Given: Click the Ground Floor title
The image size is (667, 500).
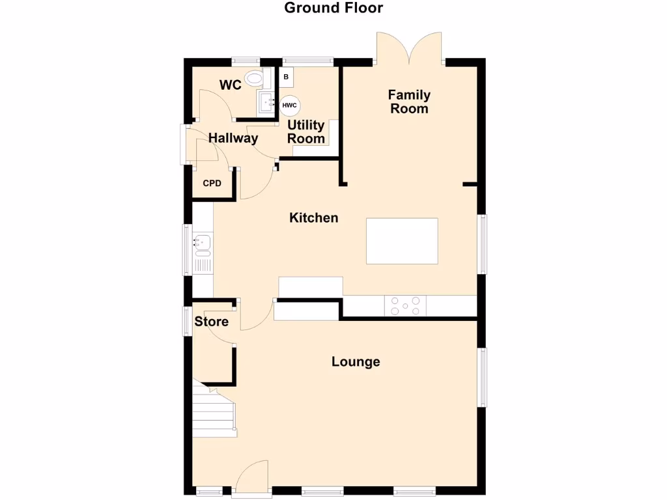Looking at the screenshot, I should click(x=333, y=8).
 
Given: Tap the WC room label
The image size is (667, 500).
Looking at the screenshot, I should click(x=230, y=85).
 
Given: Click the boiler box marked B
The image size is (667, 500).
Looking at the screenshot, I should click(x=285, y=77).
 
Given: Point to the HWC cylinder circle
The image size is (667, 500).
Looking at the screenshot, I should click(x=289, y=105).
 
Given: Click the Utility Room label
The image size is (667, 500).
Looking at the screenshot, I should click(x=306, y=132).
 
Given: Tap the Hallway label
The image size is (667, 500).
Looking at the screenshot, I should click(x=233, y=138).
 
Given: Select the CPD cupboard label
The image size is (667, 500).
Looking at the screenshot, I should click(x=212, y=184).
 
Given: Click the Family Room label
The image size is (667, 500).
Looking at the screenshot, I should click(x=409, y=102).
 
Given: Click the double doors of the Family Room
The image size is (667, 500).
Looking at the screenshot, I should click(x=409, y=49).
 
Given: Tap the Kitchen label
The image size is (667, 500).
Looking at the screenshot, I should click(x=313, y=218).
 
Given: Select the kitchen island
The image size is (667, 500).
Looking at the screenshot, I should click(x=402, y=241).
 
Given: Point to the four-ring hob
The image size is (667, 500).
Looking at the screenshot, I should click(x=405, y=305).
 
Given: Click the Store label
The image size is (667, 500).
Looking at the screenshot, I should click(x=212, y=322).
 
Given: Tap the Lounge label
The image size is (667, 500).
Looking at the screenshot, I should click(x=355, y=362).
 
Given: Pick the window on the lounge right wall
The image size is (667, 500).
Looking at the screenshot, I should click(x=483, y=377).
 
